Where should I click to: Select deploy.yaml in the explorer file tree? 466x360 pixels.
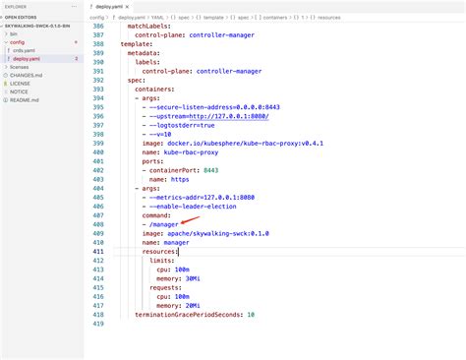pyautogui.click(x=27, y=59)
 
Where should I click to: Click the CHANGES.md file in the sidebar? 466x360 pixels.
pyautogui.click(x=26, y=76)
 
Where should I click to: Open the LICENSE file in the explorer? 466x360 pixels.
pyautogui.click(x=20, y=84)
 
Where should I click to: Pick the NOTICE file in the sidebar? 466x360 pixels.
pyautogui.click(x=20, y=91)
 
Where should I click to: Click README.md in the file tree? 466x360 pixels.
pyautogui.click(x=24, y=100)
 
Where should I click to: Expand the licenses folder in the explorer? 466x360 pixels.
pyautogui.click(x=20, y=67)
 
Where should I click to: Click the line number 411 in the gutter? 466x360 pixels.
pyautogui.click(x=97, y=252)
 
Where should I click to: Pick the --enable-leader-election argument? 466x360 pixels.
pyautogui.click(x=189, y=206)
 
